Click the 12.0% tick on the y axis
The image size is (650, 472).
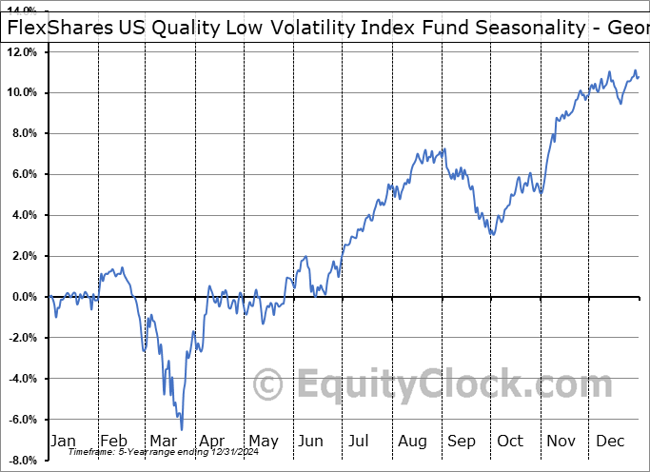coord(22,52)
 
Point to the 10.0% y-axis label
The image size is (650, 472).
coord(22,93)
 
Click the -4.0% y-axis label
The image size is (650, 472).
coord(23,379)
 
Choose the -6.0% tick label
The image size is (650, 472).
coord(23,420)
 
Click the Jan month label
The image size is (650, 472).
coord(64,442)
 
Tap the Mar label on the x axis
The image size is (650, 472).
coord(163,442)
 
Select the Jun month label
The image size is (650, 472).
coord(311,442)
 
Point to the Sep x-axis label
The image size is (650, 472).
coord(461,442)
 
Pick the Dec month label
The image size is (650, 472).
coord(609,442)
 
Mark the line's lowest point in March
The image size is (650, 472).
coord(181,429)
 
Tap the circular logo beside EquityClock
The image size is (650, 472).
coord(269,384)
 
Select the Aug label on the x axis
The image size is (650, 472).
coord(411,442)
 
